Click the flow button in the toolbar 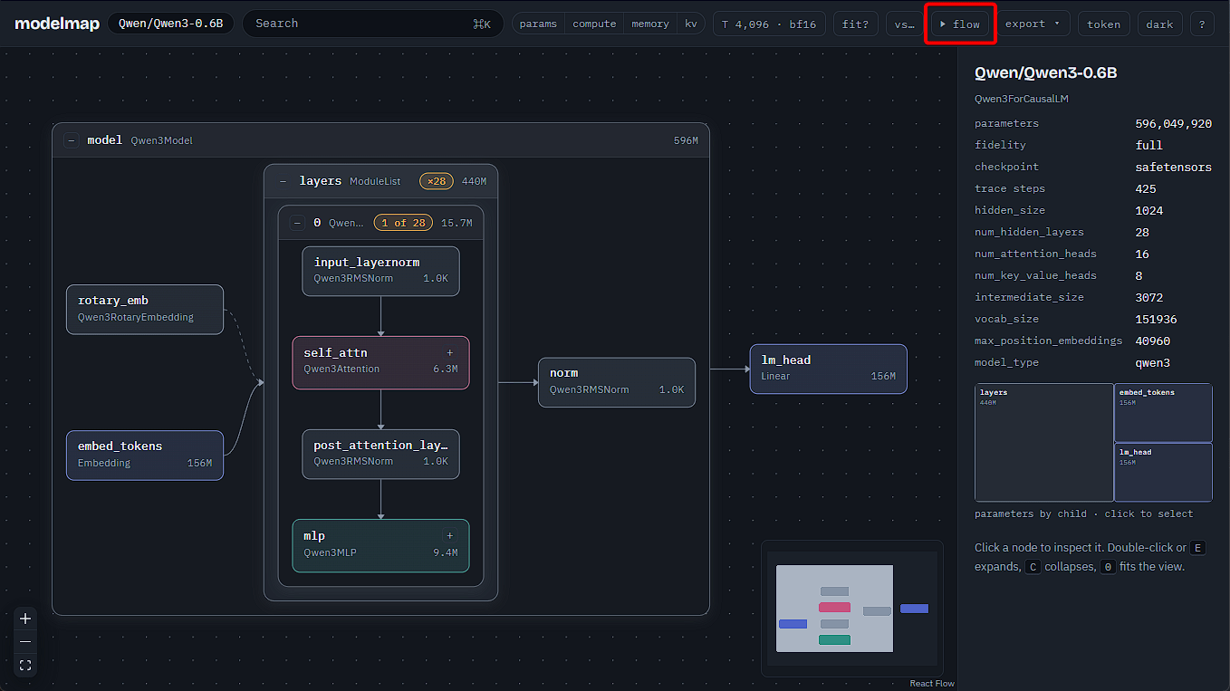960,24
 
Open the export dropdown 1033,24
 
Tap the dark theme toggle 1159,24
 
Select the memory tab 650,24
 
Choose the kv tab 691,24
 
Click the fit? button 856,24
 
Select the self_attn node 380,362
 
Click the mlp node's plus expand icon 450,535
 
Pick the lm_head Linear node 828,369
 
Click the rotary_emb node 145,309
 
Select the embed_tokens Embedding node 145,455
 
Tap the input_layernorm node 380,271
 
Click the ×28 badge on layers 437,181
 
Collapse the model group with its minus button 72,140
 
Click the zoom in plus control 25,619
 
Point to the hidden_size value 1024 1148,211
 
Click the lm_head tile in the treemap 1163,472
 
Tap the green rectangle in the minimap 834,640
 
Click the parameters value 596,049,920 1174,124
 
